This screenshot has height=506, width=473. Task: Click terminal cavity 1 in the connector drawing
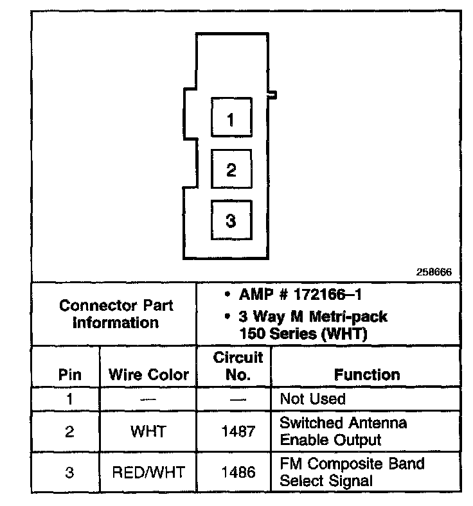point(231,119)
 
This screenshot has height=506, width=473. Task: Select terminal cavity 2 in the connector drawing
point(231,170)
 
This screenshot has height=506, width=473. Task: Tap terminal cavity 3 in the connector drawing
point(231,220)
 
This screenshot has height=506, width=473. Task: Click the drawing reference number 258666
point(434,272)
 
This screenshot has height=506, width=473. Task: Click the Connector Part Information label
point(116,314)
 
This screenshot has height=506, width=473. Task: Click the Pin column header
point(69,375)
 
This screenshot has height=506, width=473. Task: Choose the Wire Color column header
point(148,375)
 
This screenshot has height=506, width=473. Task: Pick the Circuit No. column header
point(238,366)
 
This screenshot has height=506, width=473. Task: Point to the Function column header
point(367,374)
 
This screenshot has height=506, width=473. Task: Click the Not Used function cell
point(312,399)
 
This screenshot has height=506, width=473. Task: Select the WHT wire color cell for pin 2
point(148,432)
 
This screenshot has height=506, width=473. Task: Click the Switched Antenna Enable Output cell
point(344,432)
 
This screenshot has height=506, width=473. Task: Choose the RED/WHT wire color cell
point(148,473)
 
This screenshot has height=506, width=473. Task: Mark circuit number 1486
point(238,473)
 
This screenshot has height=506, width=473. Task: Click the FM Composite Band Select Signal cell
point(352,472)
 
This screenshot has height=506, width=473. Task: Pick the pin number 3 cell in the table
point(69,473)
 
